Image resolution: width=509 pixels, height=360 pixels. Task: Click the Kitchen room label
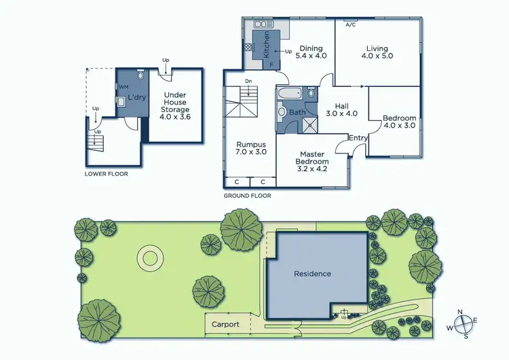[267, 43]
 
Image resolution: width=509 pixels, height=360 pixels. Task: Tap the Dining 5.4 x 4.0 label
[311, 52]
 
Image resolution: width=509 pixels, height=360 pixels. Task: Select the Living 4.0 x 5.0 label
[377, 52]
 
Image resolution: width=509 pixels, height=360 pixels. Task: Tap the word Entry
[358, 139]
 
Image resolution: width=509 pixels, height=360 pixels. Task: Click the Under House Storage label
[175, 109]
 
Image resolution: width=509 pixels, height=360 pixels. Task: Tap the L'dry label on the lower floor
[137, 98]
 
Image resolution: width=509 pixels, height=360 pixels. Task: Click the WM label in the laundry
[124, 88]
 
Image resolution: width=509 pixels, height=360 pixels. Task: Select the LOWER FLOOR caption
[106, 174]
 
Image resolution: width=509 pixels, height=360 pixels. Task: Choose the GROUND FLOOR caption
[247, 196]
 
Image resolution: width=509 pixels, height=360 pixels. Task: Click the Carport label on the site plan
[225, 324]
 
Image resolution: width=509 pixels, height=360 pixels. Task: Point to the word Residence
[312, 274]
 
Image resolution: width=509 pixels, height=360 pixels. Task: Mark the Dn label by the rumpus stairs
[249, 82]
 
